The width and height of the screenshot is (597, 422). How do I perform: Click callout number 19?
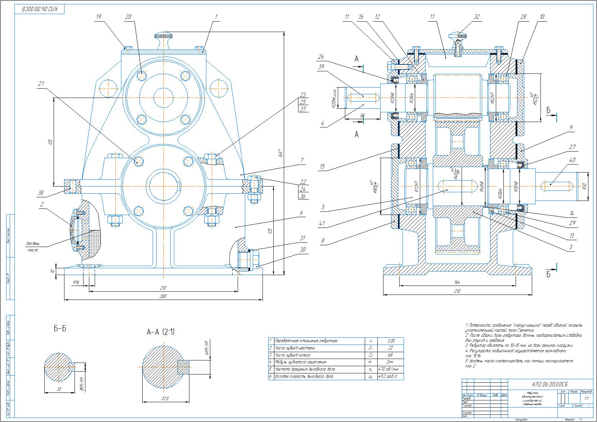pyautogui.click(x=99, y=17)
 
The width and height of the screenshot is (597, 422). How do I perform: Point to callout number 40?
pyautogui.click(x=572, y=160)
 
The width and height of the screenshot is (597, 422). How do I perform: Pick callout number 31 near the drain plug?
pyautogui.click(x=303, y=238)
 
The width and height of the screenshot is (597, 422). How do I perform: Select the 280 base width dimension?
pyautogui.click(x=164, y=296)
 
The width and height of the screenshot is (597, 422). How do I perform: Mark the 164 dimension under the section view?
pyautogui.click(x=457, y=282)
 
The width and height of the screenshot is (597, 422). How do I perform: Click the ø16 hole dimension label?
pyautogui.click(x=76, y=282)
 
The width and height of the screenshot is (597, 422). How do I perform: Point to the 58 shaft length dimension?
pyautogui.click(x=362, y=115)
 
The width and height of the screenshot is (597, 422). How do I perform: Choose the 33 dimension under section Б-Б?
pyautogui.click(x=59, y=389)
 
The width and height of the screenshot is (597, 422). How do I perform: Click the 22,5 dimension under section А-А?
pyautogui.click(x=165, y=399)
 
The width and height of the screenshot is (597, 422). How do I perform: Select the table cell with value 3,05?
pyautogui.click(x=391, y=341)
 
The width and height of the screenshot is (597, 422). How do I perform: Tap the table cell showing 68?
pyautogui.click(x=391, y=355)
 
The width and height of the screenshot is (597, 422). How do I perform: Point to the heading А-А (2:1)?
pyautogui.click(x=161, y=332)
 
